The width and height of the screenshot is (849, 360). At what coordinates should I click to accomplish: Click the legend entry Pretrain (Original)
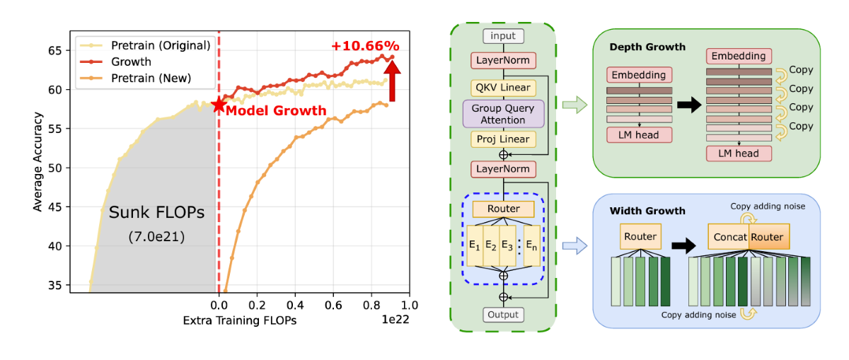161,45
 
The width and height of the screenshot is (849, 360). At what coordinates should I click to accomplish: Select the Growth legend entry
131,62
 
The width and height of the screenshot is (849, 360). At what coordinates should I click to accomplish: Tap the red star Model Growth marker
218,106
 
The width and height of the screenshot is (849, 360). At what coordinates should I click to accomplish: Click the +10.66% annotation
365,46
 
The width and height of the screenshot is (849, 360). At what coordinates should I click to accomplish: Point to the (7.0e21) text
156,237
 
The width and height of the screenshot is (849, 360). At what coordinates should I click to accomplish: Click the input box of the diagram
503,36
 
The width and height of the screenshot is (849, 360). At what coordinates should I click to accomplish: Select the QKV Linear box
503,88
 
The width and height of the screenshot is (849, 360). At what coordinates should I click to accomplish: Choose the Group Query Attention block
503,114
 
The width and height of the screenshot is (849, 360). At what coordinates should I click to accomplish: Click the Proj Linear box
503,139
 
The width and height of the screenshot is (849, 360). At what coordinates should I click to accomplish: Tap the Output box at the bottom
503,314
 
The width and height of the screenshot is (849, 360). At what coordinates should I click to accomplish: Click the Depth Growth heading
648,47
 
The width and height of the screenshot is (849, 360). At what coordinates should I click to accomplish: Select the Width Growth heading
647,211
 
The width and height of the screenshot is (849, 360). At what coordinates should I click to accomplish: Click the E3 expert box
507,245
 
